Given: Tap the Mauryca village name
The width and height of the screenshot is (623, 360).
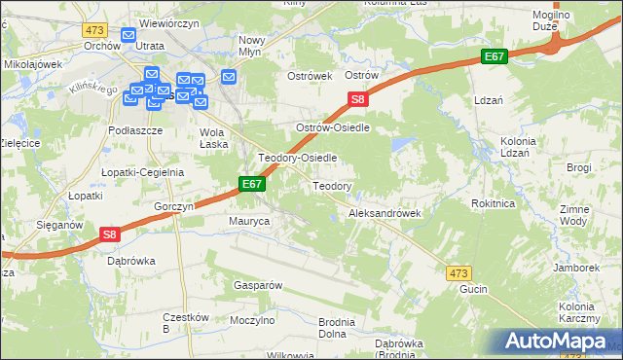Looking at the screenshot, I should (x=248, y=222).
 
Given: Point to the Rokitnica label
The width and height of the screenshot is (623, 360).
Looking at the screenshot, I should (x=492, y=203).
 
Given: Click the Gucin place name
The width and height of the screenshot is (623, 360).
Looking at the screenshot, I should (x=472, y=289).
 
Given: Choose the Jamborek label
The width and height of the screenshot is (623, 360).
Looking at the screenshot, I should (x=574, y=267).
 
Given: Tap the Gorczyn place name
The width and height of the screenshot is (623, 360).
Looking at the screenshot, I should (x=174, y=206).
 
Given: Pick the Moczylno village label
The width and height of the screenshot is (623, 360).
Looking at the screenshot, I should (x=250, y=319).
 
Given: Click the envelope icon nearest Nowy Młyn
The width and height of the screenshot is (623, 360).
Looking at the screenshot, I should (x=229, y=77).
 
